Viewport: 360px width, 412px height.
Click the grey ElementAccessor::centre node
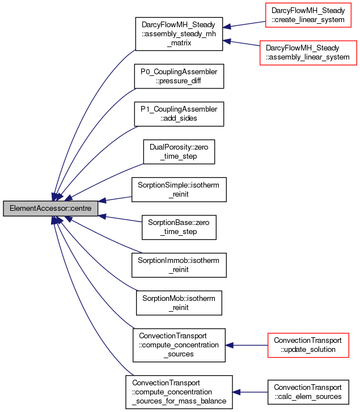pos(50,209)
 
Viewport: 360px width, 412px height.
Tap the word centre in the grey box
pos(79,209)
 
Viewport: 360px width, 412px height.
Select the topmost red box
pos(308,15)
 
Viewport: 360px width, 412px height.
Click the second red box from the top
pos(308,53)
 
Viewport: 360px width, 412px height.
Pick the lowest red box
pos(308,346)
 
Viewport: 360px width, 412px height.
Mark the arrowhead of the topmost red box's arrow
pos(226,27)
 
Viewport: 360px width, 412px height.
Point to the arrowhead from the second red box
pos(226,41)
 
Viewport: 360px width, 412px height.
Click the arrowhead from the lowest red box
pos(229,345)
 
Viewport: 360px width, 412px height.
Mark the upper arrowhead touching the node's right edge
pos(103,201)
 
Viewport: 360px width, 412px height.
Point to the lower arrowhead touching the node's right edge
pos(103,216)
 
